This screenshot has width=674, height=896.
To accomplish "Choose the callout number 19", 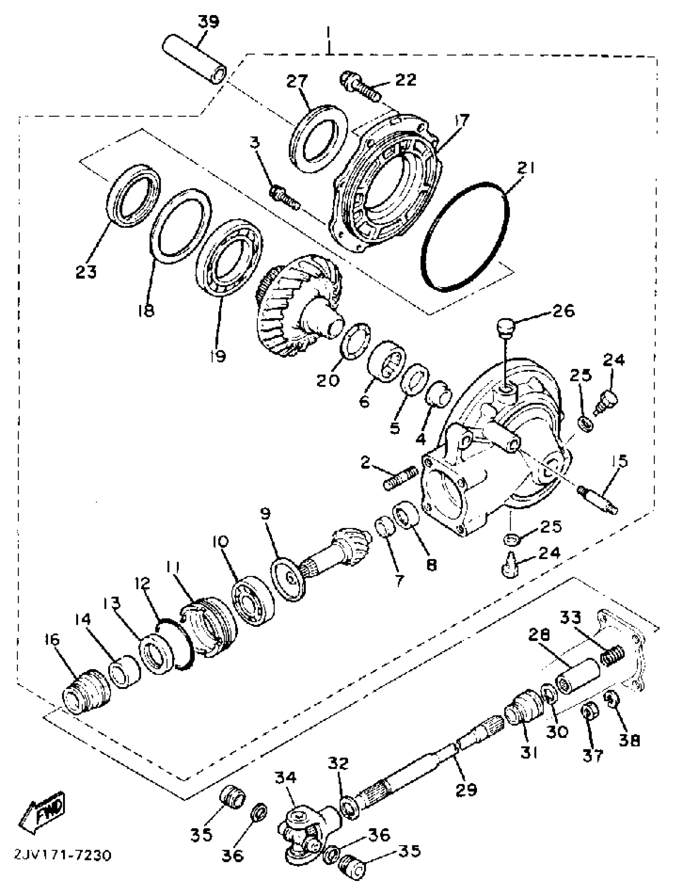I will [x=218, y=356].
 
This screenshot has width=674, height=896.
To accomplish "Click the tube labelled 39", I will [x=195, y=61].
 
